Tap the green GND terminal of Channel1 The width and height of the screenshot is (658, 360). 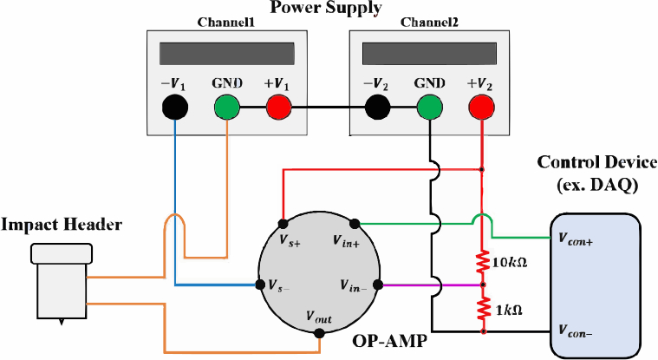(227, 108)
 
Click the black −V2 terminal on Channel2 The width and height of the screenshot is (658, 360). (379, 108)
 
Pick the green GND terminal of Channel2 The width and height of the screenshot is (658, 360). (429, 108)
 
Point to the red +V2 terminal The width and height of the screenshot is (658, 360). (481, 108)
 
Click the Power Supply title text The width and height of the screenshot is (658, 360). (326, 10)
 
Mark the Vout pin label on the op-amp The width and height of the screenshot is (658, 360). (320, 317)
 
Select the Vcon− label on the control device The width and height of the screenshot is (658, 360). (576, 331)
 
